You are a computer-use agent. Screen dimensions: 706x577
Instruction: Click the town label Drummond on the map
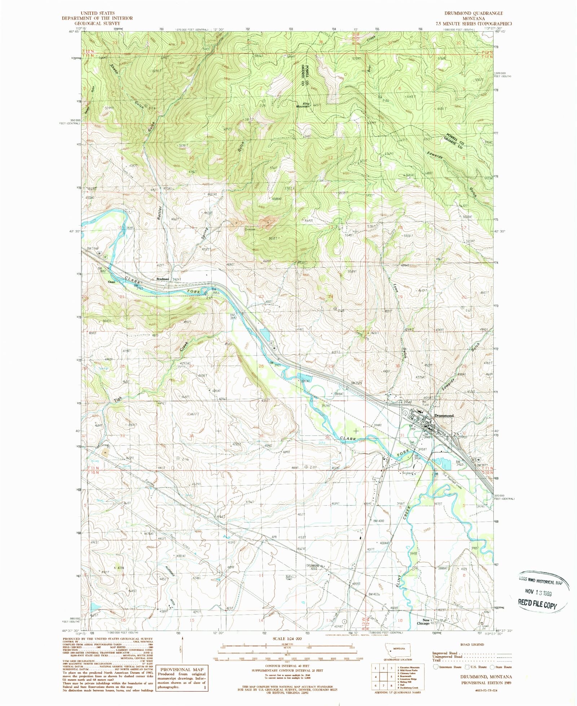(444, 416)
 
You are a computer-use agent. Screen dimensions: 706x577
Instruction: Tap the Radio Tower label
(291, 588)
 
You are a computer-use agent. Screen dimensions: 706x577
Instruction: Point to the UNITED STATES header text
(97, 13)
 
